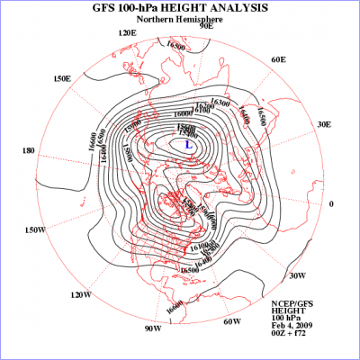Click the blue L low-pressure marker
[188, 143]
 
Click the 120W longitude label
[81, 294]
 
